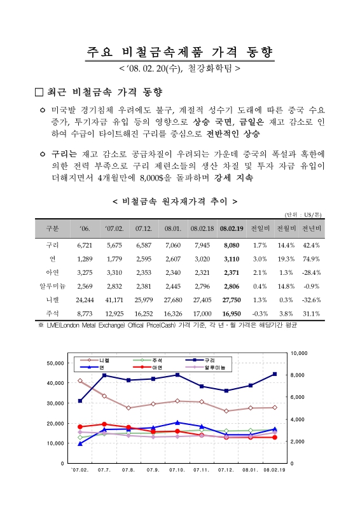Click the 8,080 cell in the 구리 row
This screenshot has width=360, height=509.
231,245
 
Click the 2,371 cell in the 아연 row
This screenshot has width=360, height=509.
231,272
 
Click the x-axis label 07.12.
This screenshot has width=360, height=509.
226,470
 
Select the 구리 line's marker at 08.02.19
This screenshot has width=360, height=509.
275,374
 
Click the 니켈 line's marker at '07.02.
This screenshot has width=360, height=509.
80,380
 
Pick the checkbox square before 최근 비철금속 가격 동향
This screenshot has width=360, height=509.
39,92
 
